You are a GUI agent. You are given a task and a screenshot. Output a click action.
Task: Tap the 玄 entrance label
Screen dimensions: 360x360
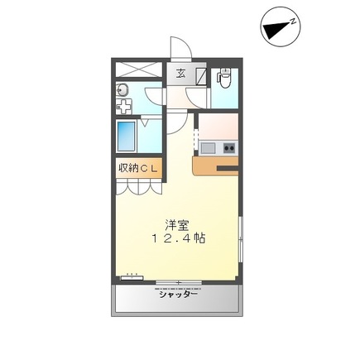pyautogui.click(x=180, y=72)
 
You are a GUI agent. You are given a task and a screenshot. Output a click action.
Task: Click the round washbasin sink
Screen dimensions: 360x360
pyautogui.click(x=121, y=89)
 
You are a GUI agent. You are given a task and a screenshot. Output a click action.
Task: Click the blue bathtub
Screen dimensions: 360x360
pyautogui.click(x=127, y=134)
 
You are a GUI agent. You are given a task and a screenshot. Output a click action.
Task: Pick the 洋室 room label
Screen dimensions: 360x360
pyautogui.click(x=175, y=223)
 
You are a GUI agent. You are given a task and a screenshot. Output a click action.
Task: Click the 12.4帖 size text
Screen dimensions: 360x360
pyautogui.click(x=178, y=238)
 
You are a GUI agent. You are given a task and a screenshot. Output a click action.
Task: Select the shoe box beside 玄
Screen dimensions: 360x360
pyautogui.click(x=201, y=74)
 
